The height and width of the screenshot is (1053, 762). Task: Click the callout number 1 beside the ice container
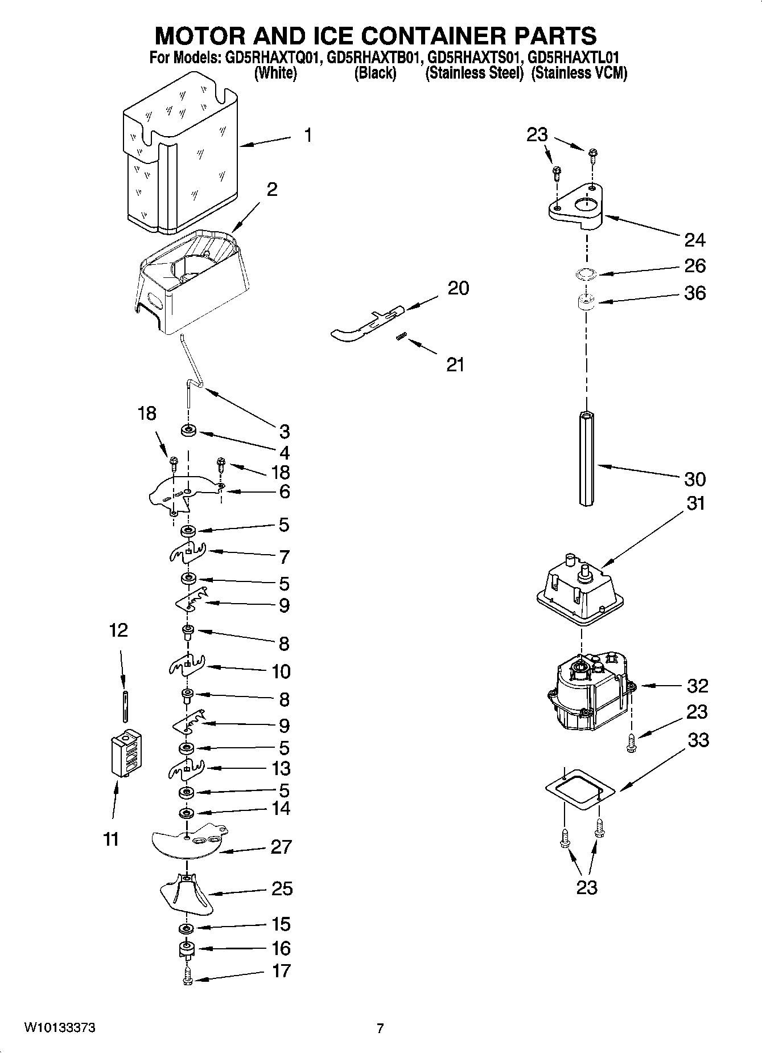click(x=307, y=136)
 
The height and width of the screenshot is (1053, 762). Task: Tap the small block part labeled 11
click(x=126, y=753)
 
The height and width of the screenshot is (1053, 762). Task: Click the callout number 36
click(x=694, y=293)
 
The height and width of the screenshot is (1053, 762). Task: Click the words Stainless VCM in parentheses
click(x=579, y=73)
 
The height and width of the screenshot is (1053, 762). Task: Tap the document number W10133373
click(x=59, y=1027)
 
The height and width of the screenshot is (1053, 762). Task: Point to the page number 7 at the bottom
click(x=380, y=1028)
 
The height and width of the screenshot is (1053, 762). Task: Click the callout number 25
click(x=281, y=888)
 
